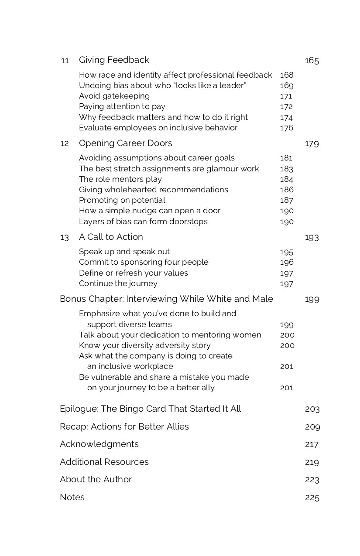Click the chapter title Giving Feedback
114,60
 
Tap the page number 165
312,61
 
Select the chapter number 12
64,143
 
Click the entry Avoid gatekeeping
114,96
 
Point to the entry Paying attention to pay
122,106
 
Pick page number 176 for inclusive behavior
286,128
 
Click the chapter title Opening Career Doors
126,143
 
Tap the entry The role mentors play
120,179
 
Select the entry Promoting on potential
122,200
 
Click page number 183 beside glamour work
286,169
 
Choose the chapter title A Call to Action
111,237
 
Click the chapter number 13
64,237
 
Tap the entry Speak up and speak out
124,252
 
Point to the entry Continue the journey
118,283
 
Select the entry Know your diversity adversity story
145,345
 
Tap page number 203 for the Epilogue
312,409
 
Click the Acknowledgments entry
99,444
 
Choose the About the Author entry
96,479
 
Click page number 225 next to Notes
312,498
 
